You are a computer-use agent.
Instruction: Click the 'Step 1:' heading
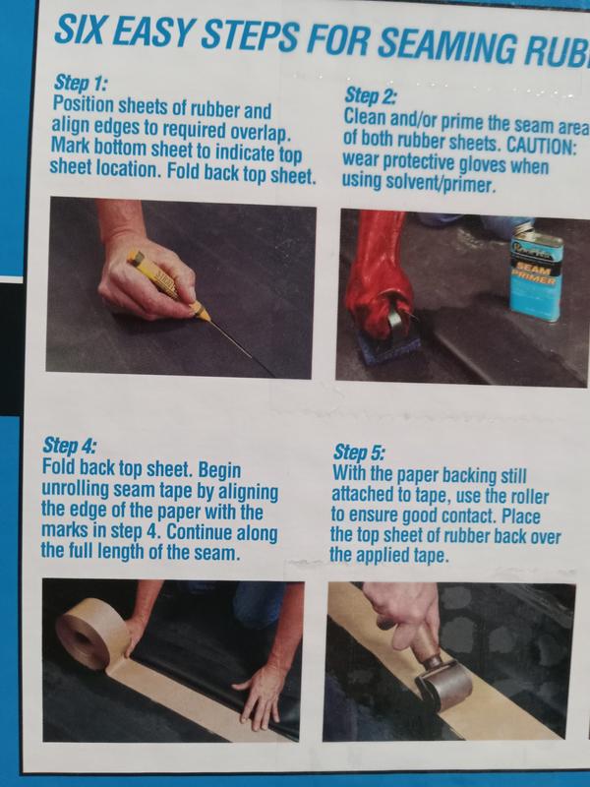coord(81,84)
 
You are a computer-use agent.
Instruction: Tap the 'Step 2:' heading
coord(371,95)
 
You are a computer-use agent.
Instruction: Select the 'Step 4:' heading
coord(69,446)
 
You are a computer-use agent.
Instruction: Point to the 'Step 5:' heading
coord(359,453)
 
